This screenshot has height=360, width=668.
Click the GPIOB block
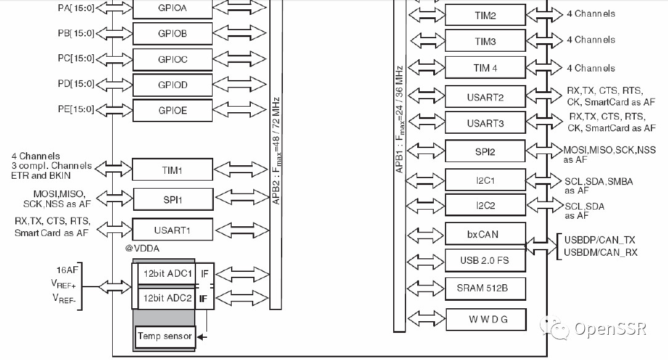[x=173, y=33]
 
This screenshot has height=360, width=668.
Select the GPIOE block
[x=173, y=110]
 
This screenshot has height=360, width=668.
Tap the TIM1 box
[x=173, y=170]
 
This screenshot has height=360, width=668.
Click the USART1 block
[x=173, y=230]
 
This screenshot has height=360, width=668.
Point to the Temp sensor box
[x=165, y=336]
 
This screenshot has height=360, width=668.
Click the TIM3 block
[x=485, y=42]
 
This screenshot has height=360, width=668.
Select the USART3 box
[x=485, y=123]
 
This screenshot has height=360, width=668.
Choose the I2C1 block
[x=485, y=181]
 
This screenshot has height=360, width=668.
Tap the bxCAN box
[x=485, y=234]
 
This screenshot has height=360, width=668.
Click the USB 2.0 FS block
[x=485, y=260]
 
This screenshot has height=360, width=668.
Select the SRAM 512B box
[x=485, y=288]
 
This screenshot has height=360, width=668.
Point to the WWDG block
[x=485, y=319]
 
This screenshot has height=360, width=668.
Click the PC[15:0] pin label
[x=76, y=59]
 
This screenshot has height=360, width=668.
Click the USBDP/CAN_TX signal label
[x=599, y=240]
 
